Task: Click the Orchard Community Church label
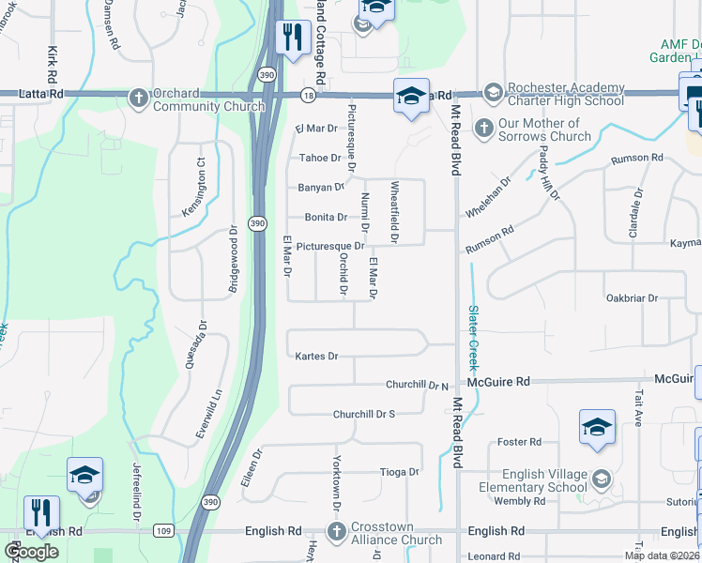[207, 99]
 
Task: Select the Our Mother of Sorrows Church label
[538, 129]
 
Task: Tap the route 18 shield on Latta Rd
[309, 95]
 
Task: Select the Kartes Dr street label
[315, 357]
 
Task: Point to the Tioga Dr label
[398, 471]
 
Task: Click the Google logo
[30, 552]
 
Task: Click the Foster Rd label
[520, 442]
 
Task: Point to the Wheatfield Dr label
[395, 213]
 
